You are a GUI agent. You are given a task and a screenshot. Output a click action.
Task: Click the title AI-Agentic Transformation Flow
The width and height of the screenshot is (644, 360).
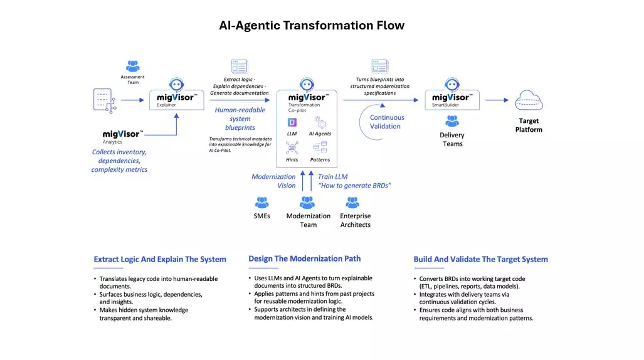coord(312,26)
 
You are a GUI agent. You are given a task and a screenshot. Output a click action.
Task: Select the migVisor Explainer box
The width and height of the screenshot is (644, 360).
coord(176,99)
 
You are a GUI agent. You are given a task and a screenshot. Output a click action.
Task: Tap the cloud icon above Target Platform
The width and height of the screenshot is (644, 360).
coord(529,100)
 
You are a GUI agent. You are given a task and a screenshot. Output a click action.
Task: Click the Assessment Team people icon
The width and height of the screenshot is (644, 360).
coord(132,66)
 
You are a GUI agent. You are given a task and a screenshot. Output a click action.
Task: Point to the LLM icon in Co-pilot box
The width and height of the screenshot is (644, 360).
coord(292,122)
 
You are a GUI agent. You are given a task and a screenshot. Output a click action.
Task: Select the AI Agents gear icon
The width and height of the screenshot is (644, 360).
coord(320,122)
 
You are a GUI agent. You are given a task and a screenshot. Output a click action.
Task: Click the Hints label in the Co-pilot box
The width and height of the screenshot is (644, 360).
coord(292,160)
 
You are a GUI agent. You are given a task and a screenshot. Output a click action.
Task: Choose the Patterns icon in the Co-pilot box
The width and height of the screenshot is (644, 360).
coord(320,148)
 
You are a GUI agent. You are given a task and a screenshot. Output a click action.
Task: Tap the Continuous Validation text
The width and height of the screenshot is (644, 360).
coord(387,122)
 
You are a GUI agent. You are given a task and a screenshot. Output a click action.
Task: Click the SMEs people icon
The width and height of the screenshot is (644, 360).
coord(262,203)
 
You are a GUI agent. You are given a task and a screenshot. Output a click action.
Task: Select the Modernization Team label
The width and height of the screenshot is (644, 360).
coord(308,220)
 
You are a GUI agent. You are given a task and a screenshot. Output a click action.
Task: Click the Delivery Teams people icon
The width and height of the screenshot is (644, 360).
coord(451,121)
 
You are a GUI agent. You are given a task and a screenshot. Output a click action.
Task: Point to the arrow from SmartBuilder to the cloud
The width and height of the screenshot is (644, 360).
coord(497,100)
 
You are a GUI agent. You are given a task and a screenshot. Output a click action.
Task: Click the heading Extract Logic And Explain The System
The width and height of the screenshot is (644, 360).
coord(160,259)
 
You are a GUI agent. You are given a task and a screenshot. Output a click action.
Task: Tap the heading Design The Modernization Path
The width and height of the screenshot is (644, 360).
coord(305,258)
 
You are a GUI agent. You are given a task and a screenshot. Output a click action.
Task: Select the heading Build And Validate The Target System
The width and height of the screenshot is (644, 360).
coord(480,259)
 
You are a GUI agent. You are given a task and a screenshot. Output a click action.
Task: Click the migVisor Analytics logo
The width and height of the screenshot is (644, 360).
coord(123,135)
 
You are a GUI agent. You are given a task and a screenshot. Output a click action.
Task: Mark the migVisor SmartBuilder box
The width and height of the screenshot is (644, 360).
coord(451,99)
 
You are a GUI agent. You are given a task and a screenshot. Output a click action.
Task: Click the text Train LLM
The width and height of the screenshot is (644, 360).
coord(332,177)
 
